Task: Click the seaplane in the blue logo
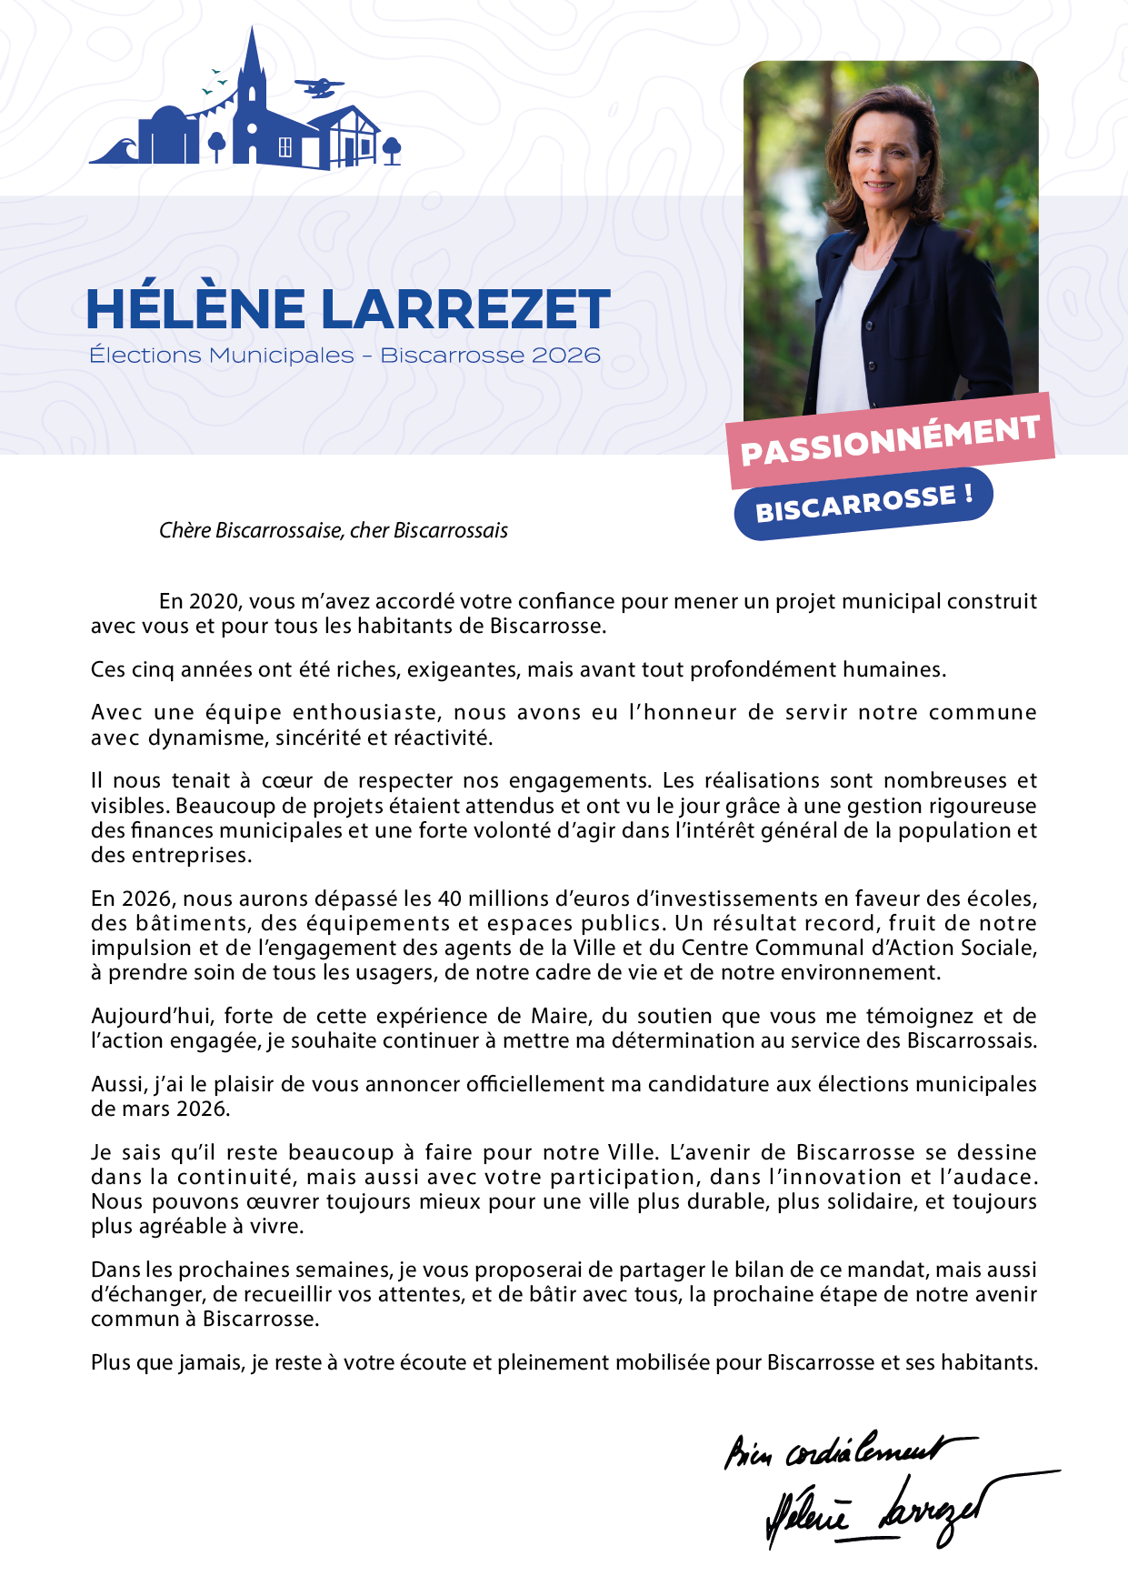(x=319, y=87)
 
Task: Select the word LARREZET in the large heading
(x=465, y=309)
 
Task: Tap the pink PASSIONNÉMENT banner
(x=890, y=441)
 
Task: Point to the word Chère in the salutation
(x=185, y=530)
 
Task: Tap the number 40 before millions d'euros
(x=449, y=898)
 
